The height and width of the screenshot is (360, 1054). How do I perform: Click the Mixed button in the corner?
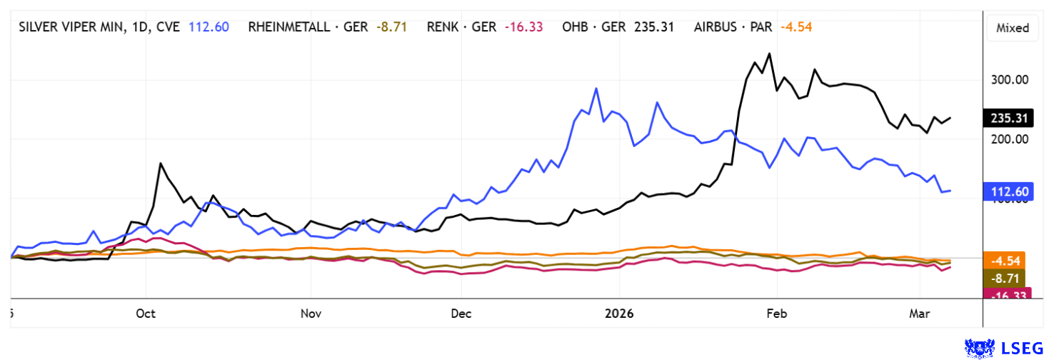click(1012, 28)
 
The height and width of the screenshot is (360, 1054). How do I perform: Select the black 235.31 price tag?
click(1007, 119)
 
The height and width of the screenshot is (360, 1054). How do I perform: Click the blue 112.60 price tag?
click(1007, 191)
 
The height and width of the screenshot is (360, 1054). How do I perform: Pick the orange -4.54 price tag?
click(1007, 260)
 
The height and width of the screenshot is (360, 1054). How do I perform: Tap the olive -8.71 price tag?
click(1007, 278)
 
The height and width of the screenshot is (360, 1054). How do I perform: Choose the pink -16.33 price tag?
click(1007, 294)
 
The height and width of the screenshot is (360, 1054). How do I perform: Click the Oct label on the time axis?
click(145, 314)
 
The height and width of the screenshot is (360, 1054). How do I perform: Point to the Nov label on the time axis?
click(311, 314)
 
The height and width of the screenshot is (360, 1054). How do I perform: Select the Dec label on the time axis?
click(461, 314)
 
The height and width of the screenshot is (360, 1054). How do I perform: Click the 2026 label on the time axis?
click(619, 314)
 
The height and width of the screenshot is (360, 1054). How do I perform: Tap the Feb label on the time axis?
click(776, 314)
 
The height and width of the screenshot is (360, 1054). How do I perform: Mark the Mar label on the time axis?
click(920, 314)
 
